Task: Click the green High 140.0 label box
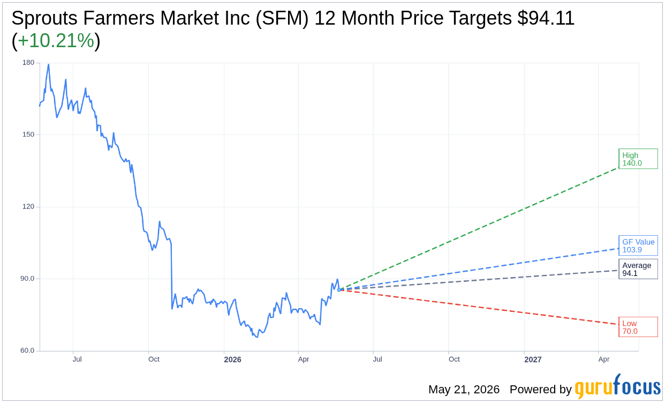638,159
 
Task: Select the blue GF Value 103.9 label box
638,245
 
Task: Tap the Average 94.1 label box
638,269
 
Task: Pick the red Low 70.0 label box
638,327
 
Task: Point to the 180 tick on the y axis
28,63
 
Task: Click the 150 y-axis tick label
28,135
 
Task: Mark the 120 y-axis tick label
28,206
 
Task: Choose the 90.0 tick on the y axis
27,279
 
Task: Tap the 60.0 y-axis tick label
27,350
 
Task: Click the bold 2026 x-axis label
232,360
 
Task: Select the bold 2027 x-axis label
533,360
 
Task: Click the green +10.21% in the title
56,41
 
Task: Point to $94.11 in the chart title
546,18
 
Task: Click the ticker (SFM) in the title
282,18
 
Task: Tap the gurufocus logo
618,386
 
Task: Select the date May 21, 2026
464,389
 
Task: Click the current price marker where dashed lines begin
339,290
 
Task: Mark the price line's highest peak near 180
48,64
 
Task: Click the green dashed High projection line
479,229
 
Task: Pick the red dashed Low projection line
479,307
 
